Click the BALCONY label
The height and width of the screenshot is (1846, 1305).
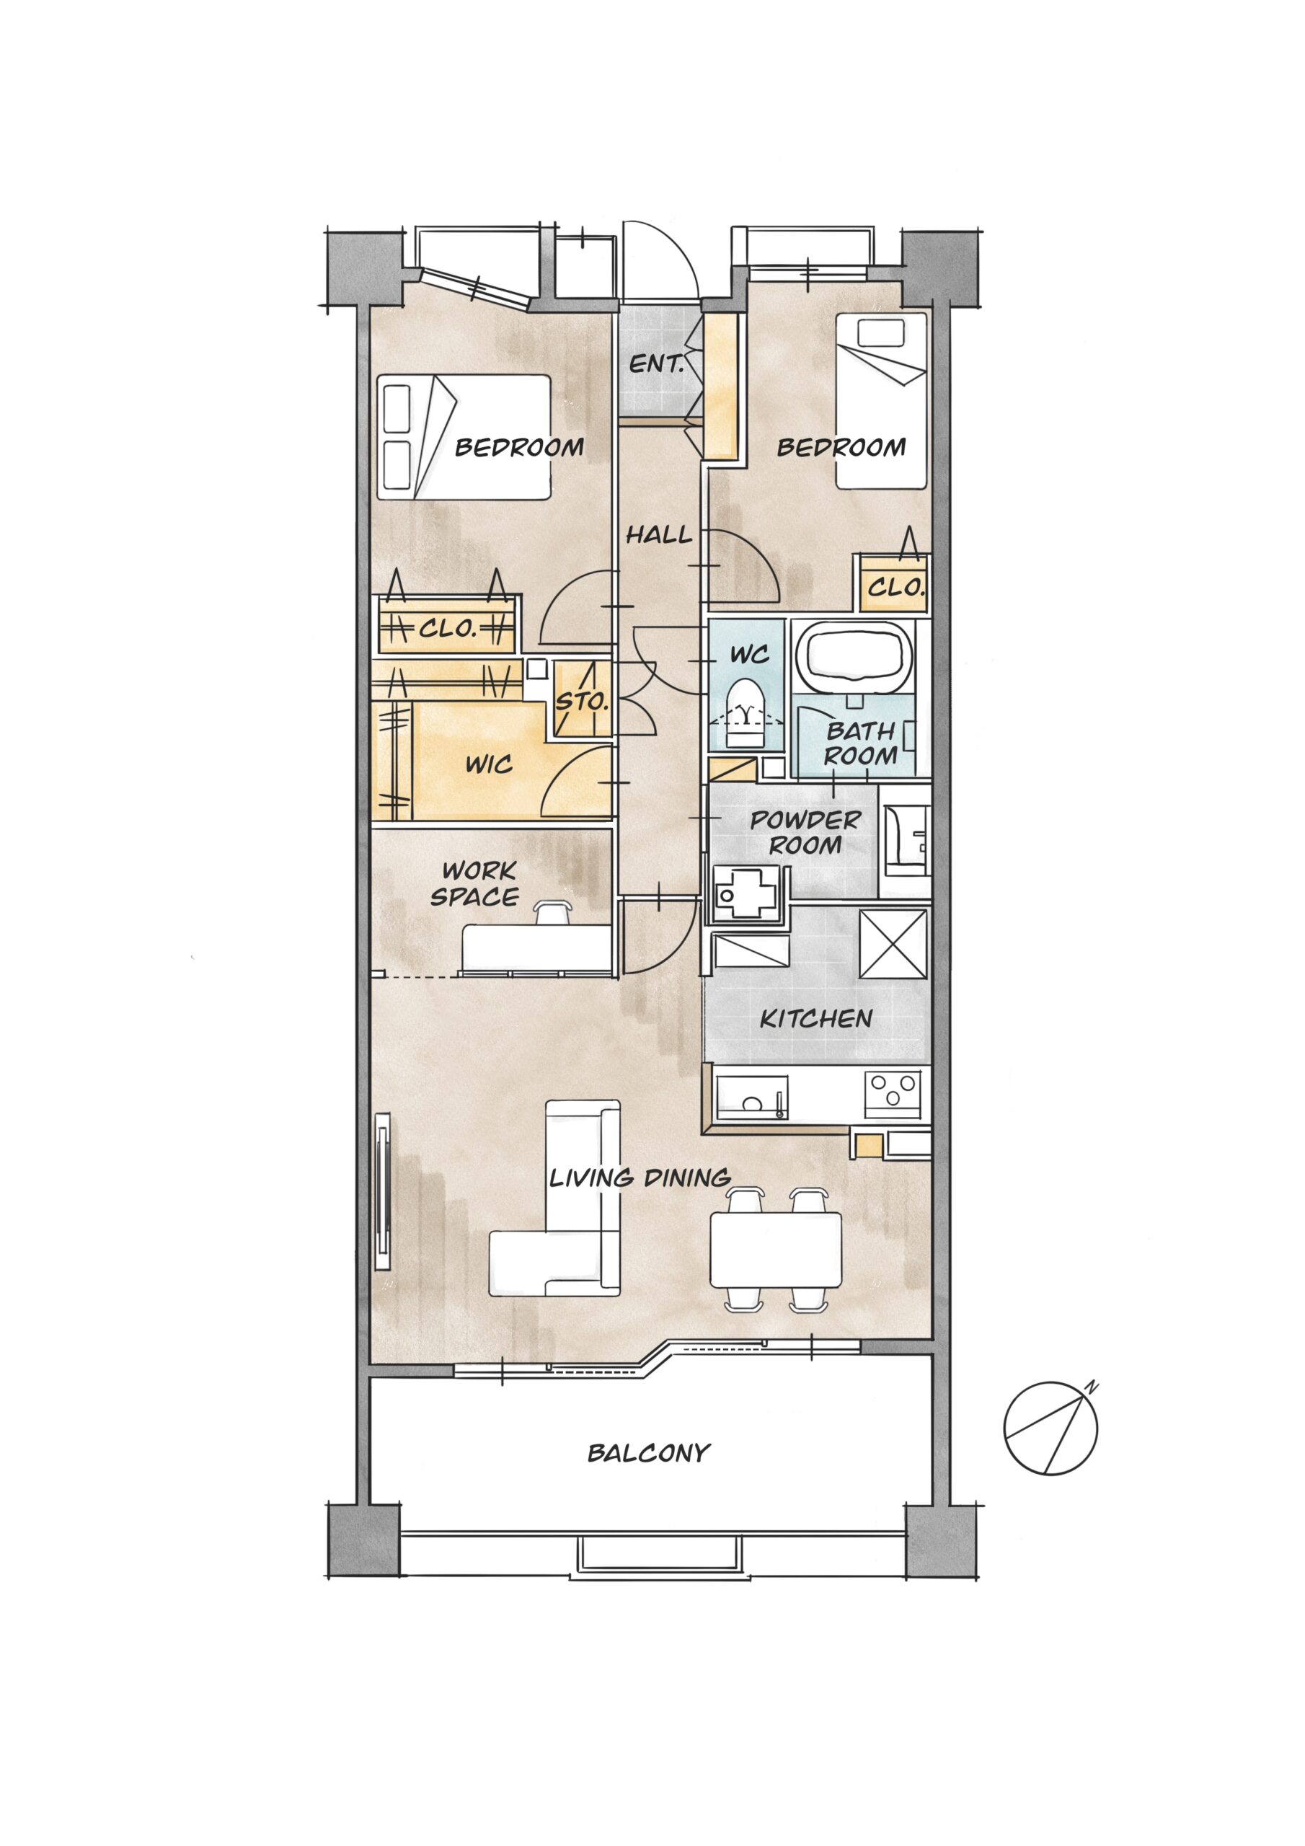click(649, 1453)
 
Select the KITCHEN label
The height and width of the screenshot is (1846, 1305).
click(816, 1019)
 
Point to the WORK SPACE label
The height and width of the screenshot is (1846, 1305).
click(476, 883)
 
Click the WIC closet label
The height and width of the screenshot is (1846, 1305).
click(489, 764)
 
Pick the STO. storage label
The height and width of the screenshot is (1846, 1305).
click(581, 701)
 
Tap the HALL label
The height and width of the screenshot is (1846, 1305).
click(658, 534)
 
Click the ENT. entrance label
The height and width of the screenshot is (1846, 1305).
click(655, 363)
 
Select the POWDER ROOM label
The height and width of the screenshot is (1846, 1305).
click(805, 832)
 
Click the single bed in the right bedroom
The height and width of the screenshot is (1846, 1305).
click(881, 400)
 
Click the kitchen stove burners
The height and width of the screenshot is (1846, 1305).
click(893, 1092)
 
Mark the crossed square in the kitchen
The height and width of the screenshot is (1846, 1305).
click(893, 944)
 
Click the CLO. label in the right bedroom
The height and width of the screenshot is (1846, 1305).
click(895, 588)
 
